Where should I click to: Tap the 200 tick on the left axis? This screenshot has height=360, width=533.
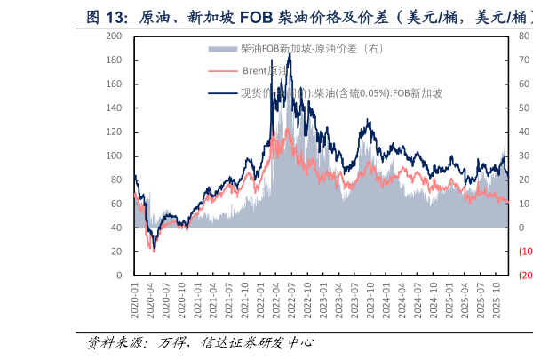point(115,36)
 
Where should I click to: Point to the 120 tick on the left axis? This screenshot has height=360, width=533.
point(115,132)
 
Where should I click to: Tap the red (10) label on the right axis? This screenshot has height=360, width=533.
point(525,252)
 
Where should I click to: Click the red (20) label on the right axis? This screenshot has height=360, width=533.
point(525,276)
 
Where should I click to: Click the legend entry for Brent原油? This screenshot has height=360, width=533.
point(266,70)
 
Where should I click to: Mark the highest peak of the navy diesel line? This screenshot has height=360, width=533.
point(290,55)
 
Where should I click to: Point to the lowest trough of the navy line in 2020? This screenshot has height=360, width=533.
point(154,249)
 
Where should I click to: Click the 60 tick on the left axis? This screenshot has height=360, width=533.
point(117,204)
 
